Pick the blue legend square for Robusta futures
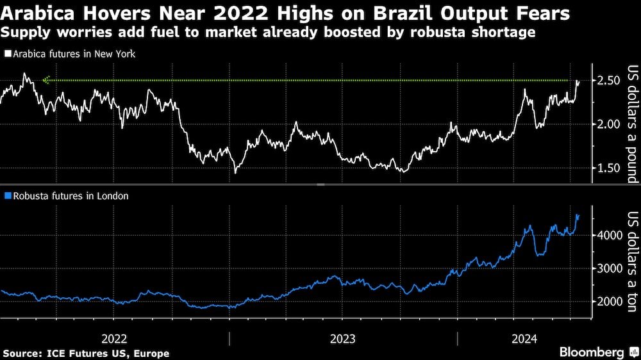coord(7,196)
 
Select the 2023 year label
coord(343,338)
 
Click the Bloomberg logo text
coord(592,352)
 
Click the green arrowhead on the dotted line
coord(46,80)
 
